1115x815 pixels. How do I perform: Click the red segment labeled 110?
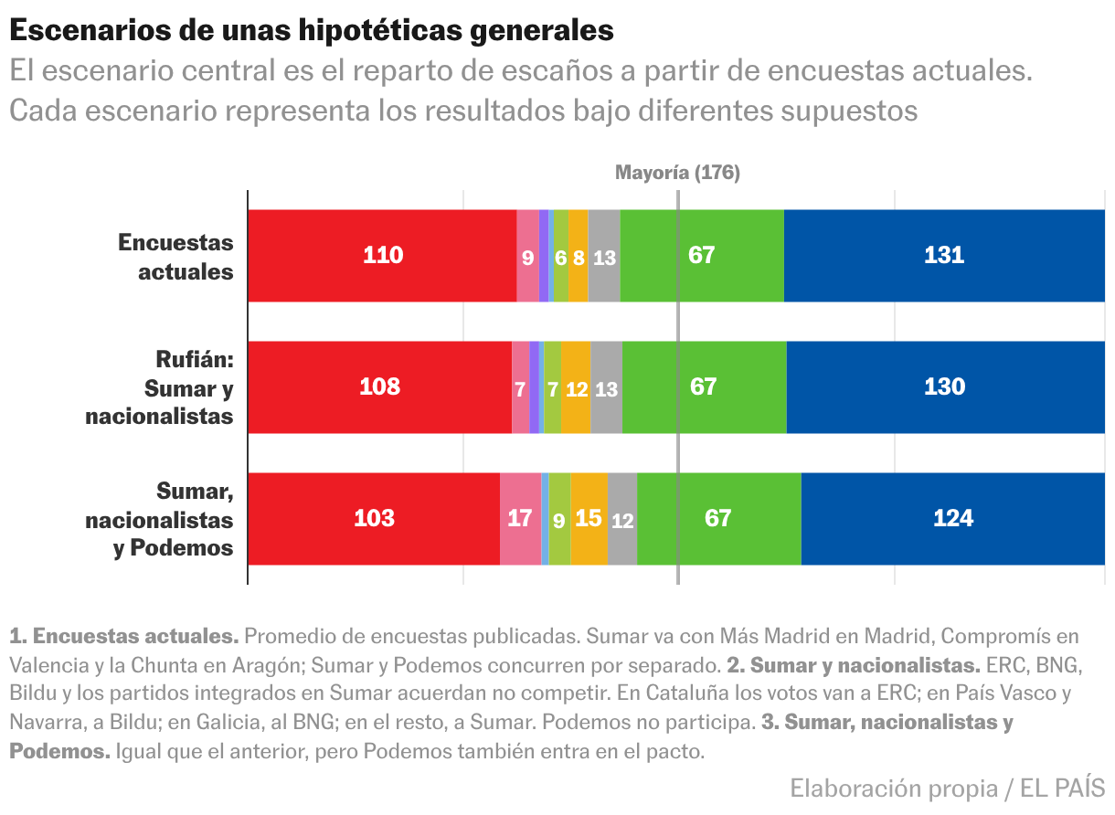click(382, 256)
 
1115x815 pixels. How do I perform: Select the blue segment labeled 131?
click(944, 256)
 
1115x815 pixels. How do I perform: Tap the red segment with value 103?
click(374, 519)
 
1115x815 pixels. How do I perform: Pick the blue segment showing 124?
click(952, 519)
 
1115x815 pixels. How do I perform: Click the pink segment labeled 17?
click(520, 519)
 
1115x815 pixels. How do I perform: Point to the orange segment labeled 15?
click(589, 519)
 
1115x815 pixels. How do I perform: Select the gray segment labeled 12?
click(622, 519)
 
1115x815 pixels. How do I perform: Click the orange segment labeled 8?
click(578, 257)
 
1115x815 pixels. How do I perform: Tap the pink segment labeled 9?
click(527, 257)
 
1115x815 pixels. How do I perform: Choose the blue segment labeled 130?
click(945, 387)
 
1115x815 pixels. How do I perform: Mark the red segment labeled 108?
click(379, 387)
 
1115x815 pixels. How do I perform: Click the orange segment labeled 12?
click(576, 388)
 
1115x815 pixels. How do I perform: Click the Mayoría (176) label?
click(677, 173)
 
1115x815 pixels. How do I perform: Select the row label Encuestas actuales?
click(176, 257)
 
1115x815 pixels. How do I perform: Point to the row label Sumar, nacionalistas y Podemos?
click(160, 519)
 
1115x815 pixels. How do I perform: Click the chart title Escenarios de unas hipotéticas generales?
click(312, 30)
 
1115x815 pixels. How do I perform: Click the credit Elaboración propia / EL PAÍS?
click(947, 788)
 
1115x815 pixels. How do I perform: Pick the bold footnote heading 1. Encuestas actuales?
click(124, 636)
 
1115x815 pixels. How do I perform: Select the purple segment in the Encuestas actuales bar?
click(544, 256)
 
